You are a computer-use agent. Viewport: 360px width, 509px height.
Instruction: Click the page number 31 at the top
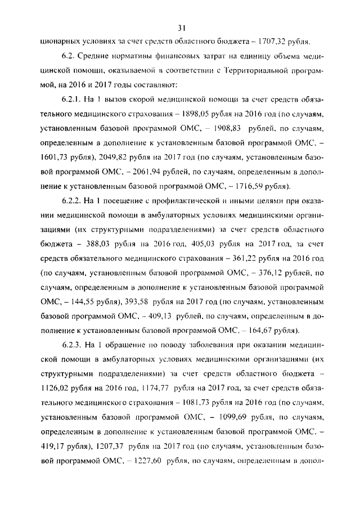181,28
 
